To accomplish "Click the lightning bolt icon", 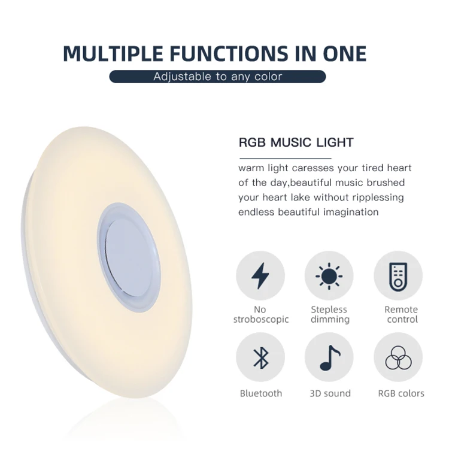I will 260,275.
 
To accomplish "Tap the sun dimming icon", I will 329,275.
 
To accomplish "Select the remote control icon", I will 398,275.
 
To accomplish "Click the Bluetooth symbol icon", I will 260,357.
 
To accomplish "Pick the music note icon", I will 329,357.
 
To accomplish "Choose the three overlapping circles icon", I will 398,357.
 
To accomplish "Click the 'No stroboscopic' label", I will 260,314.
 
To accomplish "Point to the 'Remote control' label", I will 401,314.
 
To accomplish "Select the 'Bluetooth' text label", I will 261,393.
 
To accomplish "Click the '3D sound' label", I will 330,393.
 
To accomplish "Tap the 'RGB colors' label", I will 401,393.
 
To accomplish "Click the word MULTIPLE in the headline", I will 113,53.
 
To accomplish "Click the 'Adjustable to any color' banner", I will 217,77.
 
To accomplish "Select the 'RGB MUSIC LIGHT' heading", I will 296,142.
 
